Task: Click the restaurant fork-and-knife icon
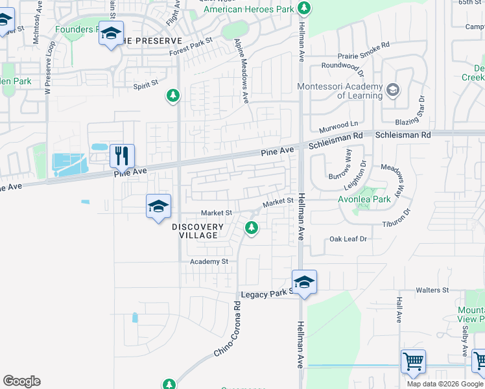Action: pyautogui.click(x=122, y=156)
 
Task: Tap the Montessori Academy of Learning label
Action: pyautogui.click(x=340, y=91)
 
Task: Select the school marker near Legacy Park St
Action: pyautogui.click(x=303, y=282)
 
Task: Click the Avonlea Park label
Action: pyautogui.click(x=364, y=199)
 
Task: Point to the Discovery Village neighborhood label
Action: pyautogui.click(x=198, y=231)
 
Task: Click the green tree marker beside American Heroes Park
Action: pyautogui.click(x=304, y=9)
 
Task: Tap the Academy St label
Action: pyautogui.click(x=209, y=261)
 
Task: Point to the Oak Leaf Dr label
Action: pyautogui.click(x=348, y=239)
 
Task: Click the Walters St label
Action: pyautogui.click(x=432, y=290)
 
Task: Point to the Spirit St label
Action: pyautogui.click(x=145, y=84)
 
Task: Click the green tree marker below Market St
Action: pyautogui.click(x=252, y=228)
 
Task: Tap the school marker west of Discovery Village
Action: pyautogui.click(x=158, y=207)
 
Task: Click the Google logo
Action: pyautogui.click(x=21, y=381)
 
